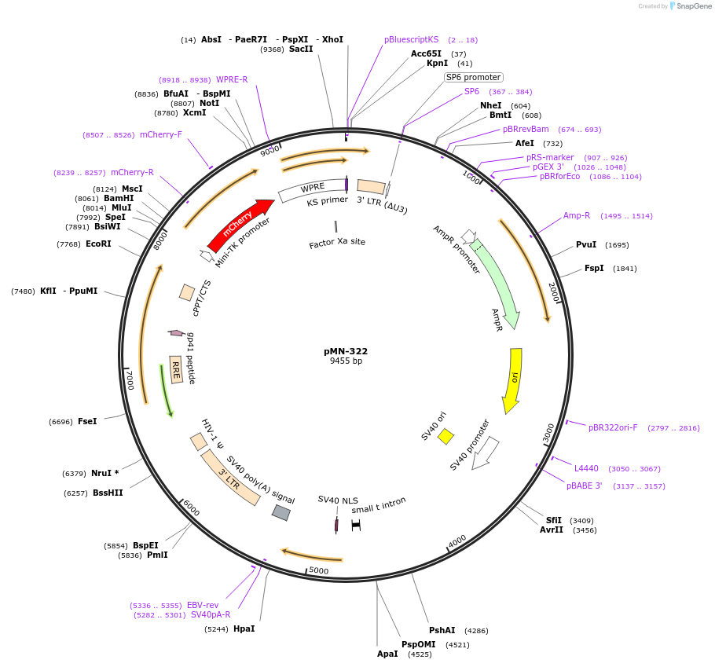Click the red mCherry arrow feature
pyautogui.click(x=240, y=225)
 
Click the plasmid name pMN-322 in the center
pyautogui.click(x=346, y=351)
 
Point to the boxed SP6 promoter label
pyautogui.click(x=473, y=77)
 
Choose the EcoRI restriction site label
pyautogui.click(x=98, y=244)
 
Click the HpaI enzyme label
pyautogui.click(x=244, y=629)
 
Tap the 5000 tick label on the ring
pyautogui.click(x=319, y=570)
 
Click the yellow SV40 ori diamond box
pyautogui.click(x=445, y=436)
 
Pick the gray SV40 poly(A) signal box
pyautogui.click(x=280, y=512)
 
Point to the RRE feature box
pyautogui.click(x=176, y=369)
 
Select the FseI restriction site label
pyautogui.click(x=87, y=421)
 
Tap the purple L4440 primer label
pyautogui.click(x=586, y=468)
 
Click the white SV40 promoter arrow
pyautogui.click(x=485, y=453)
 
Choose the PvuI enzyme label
pyautogui.click(x=586, y=244)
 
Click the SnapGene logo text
pyautogui.click(x=694, y=5)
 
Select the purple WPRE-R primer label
pyautogui.click(x=232, y=79)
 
